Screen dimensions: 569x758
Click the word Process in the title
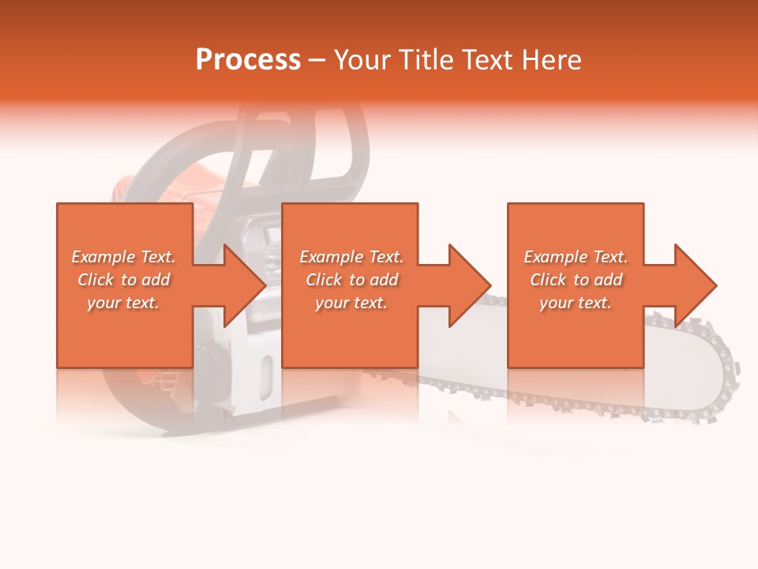pos(248,59)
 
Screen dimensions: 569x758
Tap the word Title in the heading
pos(428,59)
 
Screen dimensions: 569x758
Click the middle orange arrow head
pos(468,285)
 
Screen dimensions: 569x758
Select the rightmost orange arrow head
pos(694,285)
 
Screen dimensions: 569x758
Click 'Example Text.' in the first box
pos(123,257)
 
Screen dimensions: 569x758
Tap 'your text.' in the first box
pos(123,303)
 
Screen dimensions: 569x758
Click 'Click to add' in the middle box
pos(351,280)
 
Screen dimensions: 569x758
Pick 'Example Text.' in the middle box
pos(351,257)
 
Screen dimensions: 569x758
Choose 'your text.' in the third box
pos(576,303)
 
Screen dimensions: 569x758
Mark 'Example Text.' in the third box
pos(576,257)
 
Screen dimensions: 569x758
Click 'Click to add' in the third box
pos(576,280)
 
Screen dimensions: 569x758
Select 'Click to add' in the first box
pos(123,280)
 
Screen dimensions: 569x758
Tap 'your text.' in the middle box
pos(351,303)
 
